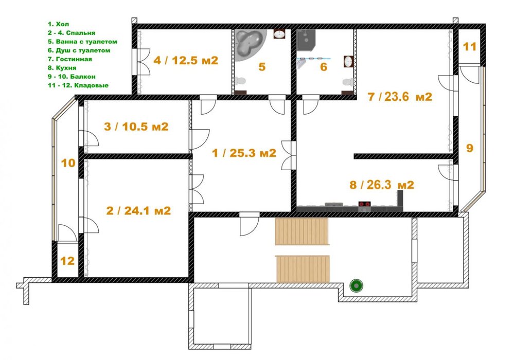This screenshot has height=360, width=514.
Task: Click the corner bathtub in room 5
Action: point(251,45)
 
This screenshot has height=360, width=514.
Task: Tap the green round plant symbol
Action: point(356,285)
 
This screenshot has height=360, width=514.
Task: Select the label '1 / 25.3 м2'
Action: point(244,153)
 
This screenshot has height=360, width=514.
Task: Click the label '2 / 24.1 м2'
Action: point(139,211)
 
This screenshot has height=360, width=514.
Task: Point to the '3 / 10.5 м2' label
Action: point(136,127)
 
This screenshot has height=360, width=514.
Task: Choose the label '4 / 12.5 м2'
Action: point(186,60)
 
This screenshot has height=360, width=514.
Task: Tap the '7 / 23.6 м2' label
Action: point(400,97)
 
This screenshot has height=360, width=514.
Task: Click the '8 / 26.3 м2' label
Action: point(382,185)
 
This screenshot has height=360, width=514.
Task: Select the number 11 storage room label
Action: point(469,47)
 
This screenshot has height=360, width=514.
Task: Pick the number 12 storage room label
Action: point(67,261)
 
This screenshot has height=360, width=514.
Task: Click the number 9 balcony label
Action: point(470,148)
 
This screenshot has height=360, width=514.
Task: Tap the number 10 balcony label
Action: point(68,163)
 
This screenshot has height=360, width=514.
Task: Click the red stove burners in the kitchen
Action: point(364,204)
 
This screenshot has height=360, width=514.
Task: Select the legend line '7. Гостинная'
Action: point(70,59)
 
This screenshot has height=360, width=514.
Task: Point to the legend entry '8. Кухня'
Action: point(62,68)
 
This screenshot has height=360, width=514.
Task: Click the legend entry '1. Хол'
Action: point(58,24)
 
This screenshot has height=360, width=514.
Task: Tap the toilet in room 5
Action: point(241,81)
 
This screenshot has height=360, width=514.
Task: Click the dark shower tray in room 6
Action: point(306,40)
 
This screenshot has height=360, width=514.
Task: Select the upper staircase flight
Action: point(302,231)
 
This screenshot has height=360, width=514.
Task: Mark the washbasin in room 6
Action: point(348,61)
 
